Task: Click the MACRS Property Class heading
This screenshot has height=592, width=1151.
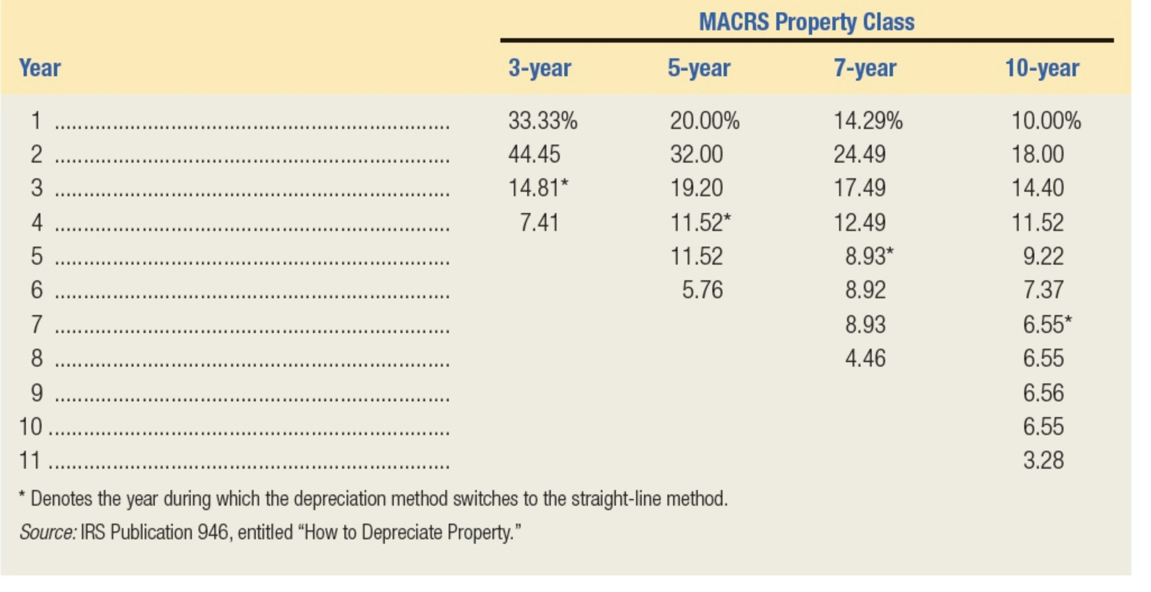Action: tap(806, 22)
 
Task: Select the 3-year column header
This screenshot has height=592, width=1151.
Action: tap(540, 68)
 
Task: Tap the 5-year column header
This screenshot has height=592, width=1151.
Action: tap(699, 68)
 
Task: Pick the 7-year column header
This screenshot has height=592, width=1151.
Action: tap(865, 68)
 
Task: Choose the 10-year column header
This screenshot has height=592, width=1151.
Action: tap(1042, 68)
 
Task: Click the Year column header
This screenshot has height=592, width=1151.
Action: tap(40, 68)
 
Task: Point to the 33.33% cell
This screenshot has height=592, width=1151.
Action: tap(542, 121)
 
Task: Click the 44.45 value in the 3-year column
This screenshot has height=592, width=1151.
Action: tap(534, 154)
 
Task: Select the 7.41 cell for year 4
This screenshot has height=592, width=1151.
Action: tap(539, 223)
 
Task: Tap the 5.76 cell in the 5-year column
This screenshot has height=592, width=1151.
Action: tap(702, 290)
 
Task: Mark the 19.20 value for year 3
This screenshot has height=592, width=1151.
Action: tap(697, 188)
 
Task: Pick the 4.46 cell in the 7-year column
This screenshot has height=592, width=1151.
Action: tap(865, 358)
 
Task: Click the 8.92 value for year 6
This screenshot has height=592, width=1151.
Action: tap(865, 290)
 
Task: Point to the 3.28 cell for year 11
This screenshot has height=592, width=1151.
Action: tap(1043, 460)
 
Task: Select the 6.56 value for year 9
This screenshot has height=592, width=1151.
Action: tap(1043, 392)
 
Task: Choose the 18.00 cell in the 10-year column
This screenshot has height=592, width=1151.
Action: tap(1038, 154)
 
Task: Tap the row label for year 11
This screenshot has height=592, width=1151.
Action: tap(30, 460)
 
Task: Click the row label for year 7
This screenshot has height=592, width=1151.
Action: tap(36, 324)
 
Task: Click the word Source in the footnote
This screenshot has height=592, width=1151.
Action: tap(47, 532)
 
